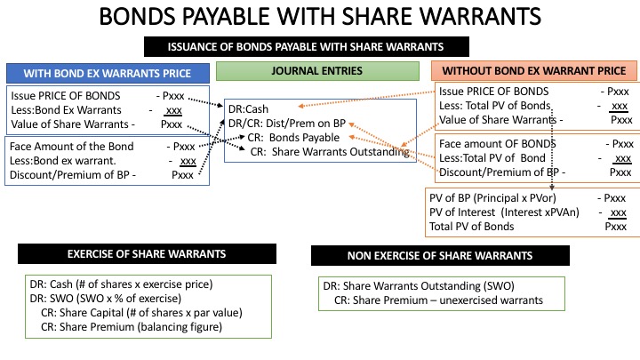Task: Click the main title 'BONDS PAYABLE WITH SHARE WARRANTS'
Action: pos(319,18)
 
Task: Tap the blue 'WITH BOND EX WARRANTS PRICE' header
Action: pos(108,73)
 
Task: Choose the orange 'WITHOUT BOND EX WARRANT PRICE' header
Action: pos(533,71)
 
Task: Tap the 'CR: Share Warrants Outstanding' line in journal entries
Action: pos(329,152)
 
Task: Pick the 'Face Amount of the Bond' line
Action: pos(72,147)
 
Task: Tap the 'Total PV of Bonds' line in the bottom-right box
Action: pos(472,227)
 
